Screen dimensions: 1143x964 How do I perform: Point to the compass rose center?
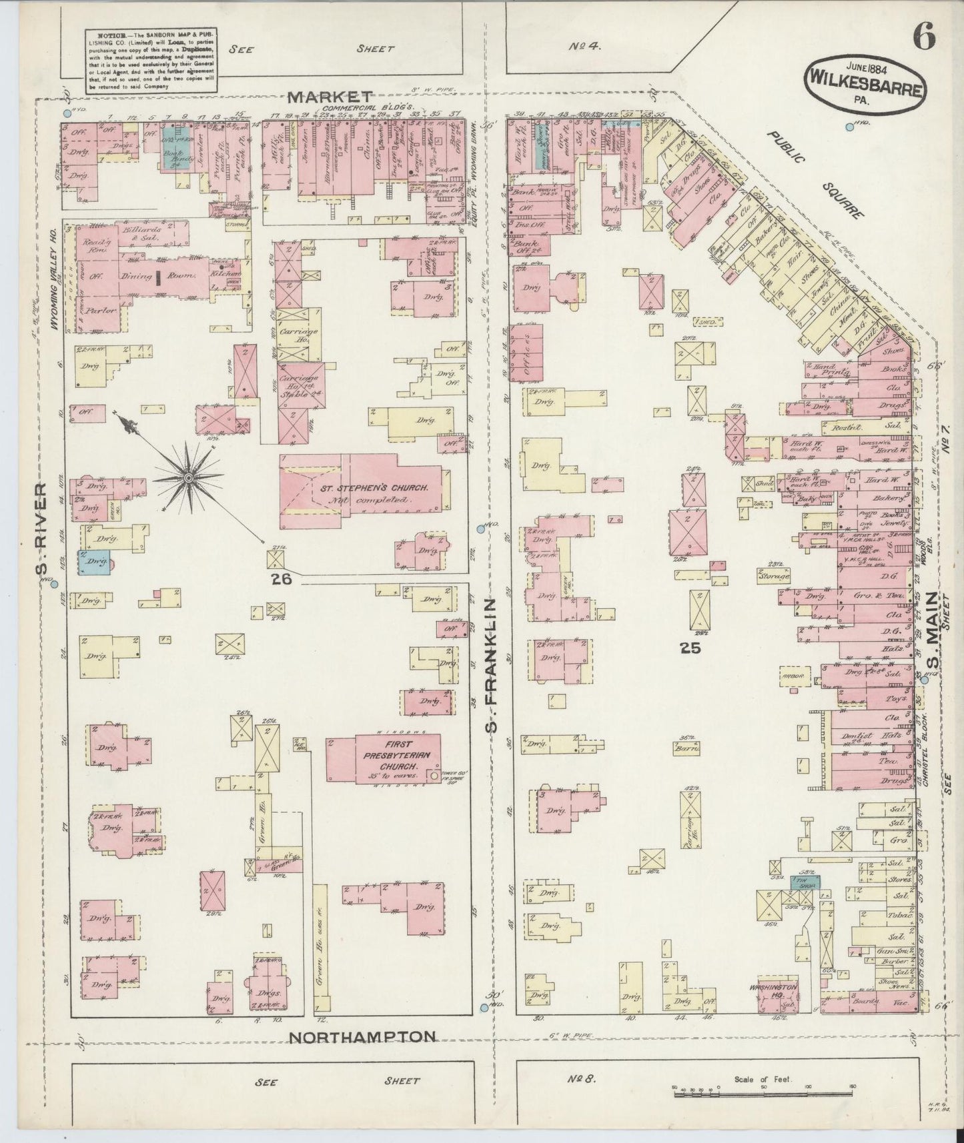pos(189,477)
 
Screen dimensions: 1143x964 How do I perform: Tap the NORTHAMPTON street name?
pos(364,1056)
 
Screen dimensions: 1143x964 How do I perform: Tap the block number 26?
pos(282,580)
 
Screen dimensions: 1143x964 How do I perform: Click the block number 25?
pos(689,646)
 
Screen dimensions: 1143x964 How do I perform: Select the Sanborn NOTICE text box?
pos(150,61)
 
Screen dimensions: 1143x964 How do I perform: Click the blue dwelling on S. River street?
pos(94,562)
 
